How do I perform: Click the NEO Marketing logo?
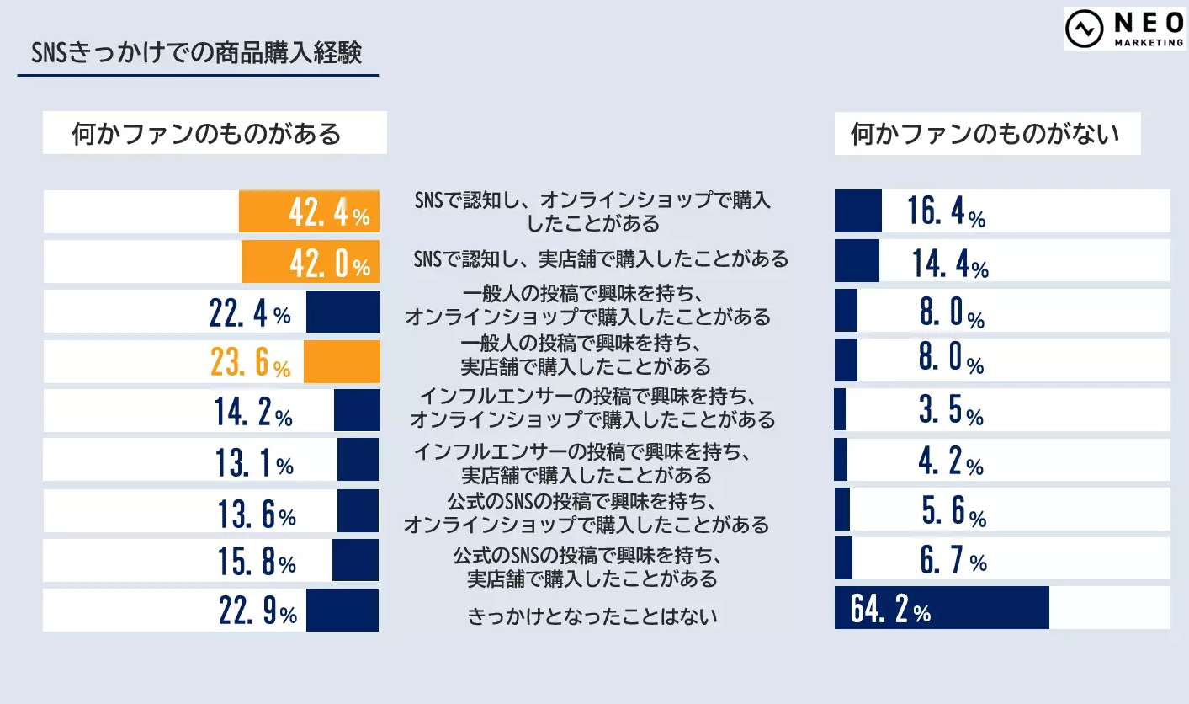pyautogui.click(x=1125, y=29)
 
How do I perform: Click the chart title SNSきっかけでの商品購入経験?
pyautogui.click(x=196, y=54)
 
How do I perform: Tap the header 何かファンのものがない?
pyautogui.click(x=985, y=134)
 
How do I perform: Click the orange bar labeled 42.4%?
pyautogui.click(x=309, y=211)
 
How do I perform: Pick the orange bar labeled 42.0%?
pyautogui.click(x=310, y=262)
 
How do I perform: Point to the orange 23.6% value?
pyautogui.click(x=249, y=363)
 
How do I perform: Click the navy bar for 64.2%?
pyautogui.click(x=942, y=608)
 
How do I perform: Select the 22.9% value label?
pyautogui.click(x=257, y=611)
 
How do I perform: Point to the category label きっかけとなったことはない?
pyautogui.click(x=592, y=616)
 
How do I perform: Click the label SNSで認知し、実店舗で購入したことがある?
pyautogui.click(x=601, y=259)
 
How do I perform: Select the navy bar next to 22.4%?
pyautogui.click(x=342, y=312)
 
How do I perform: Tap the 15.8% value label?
pyautogui.click(x=257, y=561)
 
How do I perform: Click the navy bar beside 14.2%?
pyautogui.click(x=356, y=411)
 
